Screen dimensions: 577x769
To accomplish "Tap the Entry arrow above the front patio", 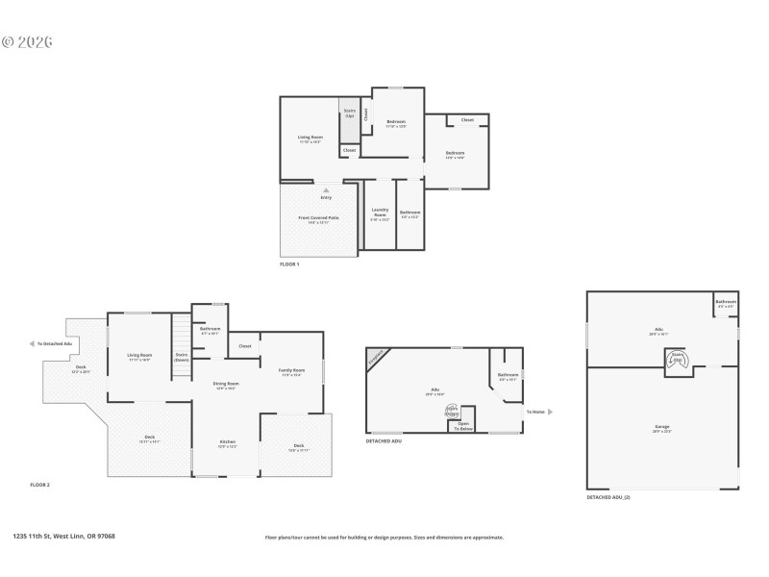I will [x=326, y=191].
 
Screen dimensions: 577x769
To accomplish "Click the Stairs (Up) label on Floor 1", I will [x=350, y=113].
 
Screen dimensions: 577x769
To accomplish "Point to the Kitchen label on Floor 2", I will [x=226, y=444].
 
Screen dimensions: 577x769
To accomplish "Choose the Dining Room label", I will [x=226, y=385].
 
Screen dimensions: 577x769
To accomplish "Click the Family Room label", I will [x=292, y=371].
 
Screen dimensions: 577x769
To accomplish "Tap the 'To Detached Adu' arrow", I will [x=34, y=343].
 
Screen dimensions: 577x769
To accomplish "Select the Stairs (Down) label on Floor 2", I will [x=181, y=357].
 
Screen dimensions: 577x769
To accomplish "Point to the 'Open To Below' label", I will [x=463, y=425].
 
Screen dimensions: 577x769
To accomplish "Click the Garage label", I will [x=662, y=427].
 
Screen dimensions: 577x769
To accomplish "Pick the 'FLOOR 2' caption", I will [x=39, y=485].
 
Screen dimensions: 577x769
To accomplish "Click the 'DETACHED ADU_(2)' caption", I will [x=608, y=497].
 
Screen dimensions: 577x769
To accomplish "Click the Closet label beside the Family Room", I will [x=245, y=345].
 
